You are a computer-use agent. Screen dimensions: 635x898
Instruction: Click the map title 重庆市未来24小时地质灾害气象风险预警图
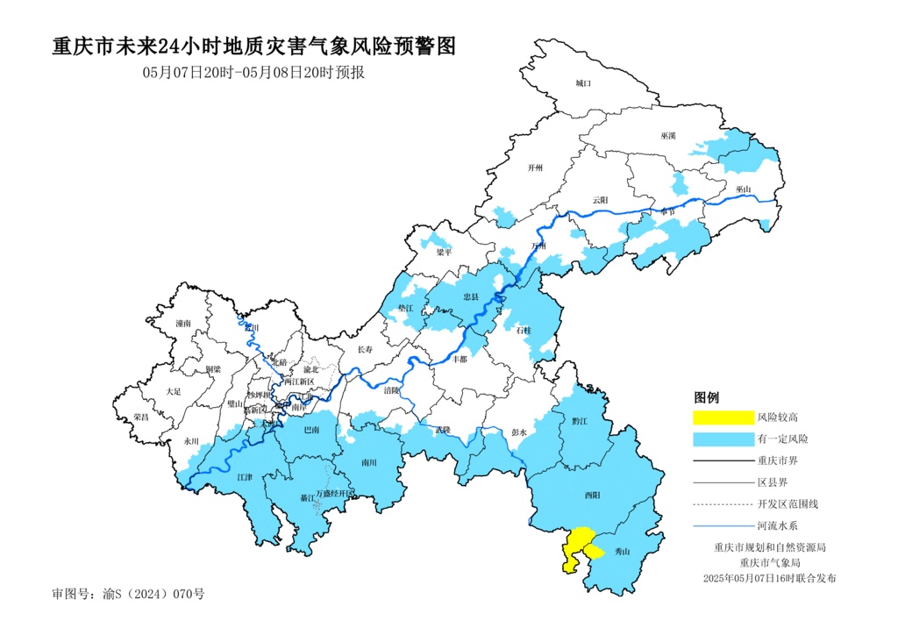(254, 46)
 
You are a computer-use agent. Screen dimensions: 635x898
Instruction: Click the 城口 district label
(584, 83)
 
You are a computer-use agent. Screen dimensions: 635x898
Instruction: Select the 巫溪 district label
(669, 136)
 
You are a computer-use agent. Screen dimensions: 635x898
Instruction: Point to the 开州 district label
(536, 168)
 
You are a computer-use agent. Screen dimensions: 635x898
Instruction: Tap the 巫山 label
(744, 189)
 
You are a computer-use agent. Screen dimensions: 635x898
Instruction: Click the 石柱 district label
(524, 330)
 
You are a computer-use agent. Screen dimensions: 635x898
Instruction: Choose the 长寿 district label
(365, 350)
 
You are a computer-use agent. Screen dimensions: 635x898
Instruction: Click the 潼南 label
(182, 324)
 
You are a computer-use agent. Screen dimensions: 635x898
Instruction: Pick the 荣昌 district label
(141, 417)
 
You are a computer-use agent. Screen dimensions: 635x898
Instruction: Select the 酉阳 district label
(593, 496)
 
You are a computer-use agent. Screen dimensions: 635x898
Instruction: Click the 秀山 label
(624, 552)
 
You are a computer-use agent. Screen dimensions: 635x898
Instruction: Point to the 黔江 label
(579, 421)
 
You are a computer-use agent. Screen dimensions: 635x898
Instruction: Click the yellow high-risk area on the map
(575, 547)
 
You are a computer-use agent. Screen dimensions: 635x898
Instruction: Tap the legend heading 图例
(707, 397)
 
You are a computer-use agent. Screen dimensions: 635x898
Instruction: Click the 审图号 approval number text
(128, 594)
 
